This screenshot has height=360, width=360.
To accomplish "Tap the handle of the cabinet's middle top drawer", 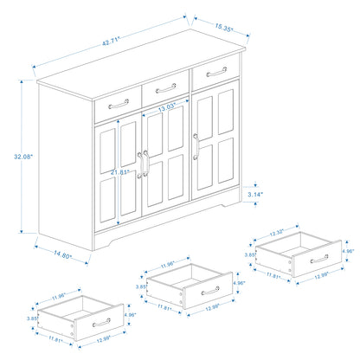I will click(x=164, y=87).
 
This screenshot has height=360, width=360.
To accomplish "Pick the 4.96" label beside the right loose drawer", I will click(x=349, y=251).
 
